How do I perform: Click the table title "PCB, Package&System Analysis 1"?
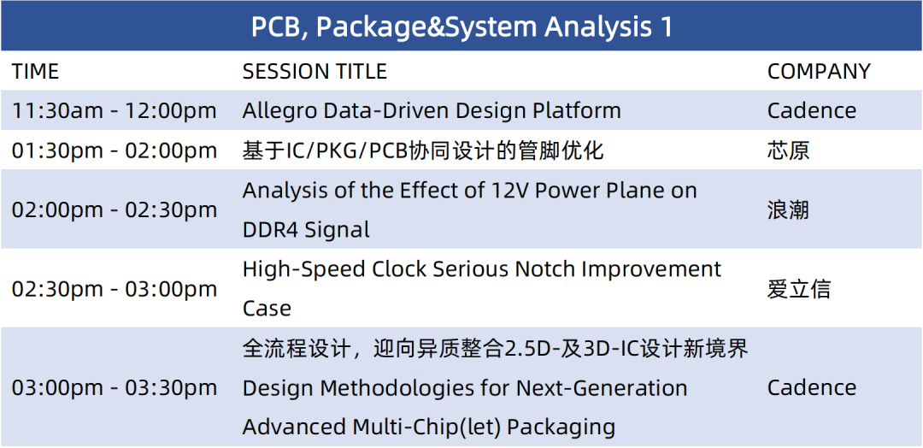461,27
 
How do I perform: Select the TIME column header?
35,71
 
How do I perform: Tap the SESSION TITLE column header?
315,71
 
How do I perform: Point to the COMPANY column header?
818,71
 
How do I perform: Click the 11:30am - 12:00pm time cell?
115,110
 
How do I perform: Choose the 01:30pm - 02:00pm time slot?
115,150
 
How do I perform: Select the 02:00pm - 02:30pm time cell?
115,209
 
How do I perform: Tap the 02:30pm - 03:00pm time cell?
115,289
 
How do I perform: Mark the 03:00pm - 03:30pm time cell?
115,387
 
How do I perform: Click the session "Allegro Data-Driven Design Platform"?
432,110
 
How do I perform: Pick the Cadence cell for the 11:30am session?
812,110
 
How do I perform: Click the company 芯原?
788,150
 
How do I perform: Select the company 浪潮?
788,209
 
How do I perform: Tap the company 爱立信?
799,289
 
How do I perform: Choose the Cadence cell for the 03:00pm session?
812,387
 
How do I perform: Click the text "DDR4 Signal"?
306,230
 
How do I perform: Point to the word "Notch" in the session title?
544,269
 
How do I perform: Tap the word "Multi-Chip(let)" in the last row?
426,427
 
